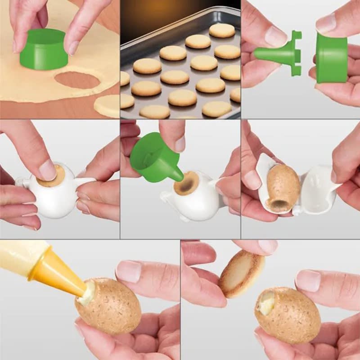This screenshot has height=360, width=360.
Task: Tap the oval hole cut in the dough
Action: tap(77, 81)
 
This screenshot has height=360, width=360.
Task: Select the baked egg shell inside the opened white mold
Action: tap(283, 187)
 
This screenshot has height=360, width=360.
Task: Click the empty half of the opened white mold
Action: tap(317, 187)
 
